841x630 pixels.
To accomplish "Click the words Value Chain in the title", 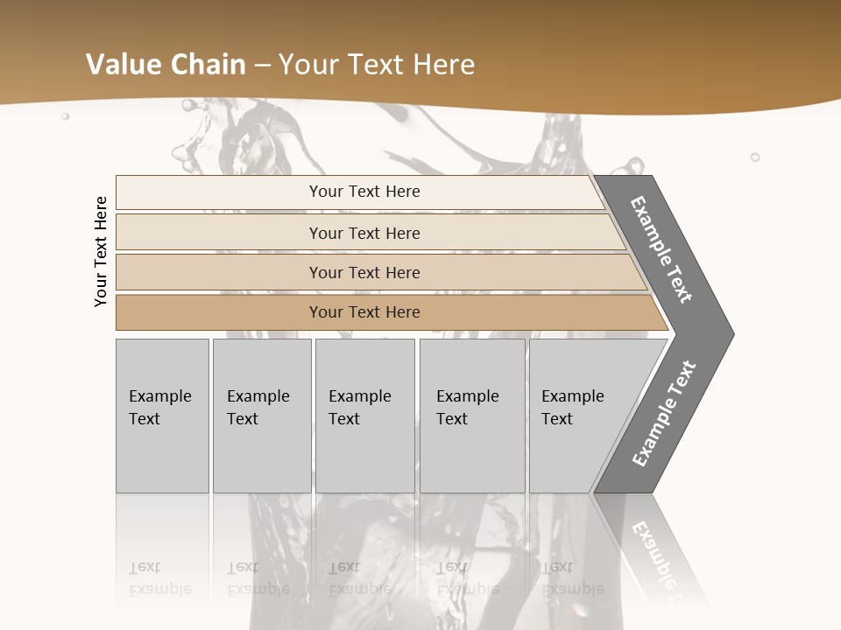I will [166, 65].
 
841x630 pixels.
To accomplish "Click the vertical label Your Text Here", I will [102, 251].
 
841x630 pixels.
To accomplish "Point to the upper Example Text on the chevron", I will [661, 249].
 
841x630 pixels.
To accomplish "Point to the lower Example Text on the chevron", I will [664, 413].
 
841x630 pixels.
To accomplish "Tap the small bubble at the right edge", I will [755, 157].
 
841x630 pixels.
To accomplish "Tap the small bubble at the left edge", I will [65, 115].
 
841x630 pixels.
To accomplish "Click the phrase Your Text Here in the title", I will [377, 65].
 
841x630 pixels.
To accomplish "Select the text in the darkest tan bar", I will [364, 312].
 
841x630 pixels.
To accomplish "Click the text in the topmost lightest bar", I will [364, 192].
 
